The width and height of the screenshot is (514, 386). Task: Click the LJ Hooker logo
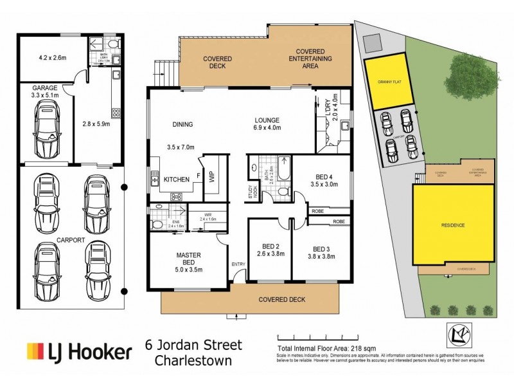tap(79, 352)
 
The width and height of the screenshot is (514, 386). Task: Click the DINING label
tap(183, 124)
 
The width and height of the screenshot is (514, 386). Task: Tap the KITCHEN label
tap(175, 179)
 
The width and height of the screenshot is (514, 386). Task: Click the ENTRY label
tap(238, 264)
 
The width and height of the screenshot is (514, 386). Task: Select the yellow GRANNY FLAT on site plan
tap(385, 82)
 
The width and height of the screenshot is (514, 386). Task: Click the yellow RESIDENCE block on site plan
tap(453, 225)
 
